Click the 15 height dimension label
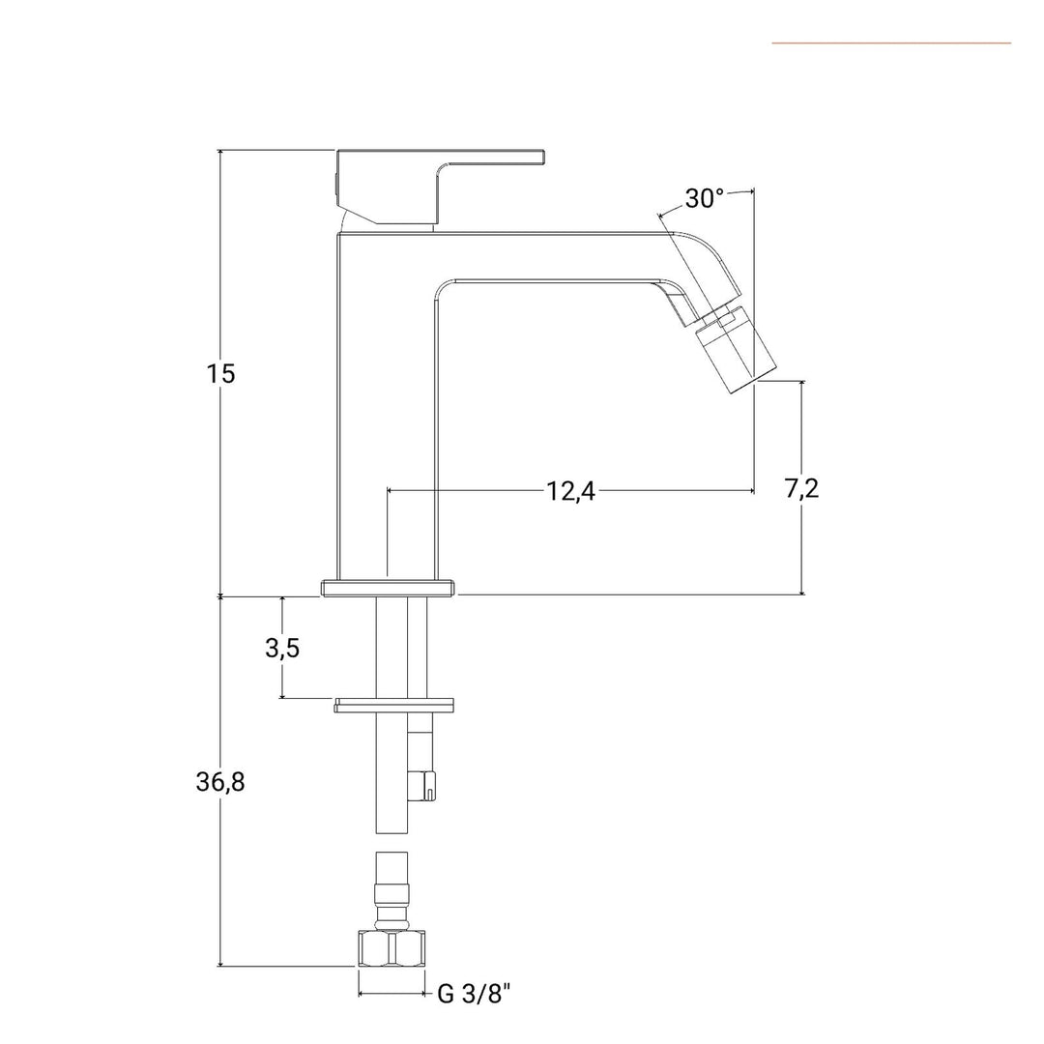click(220, 373)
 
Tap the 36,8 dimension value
click(220, 782)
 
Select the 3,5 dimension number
click(282, 647)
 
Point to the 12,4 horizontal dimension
click(570, 491)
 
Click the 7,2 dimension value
click(801, 488)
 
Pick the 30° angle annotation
click(704, 198)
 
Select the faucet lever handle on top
click(440, 187)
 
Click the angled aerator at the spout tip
click(737, 350)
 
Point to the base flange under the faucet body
click(389, 588)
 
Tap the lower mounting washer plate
click(394, 705)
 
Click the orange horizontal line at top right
click(891, 43)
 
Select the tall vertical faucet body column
click(387, 406)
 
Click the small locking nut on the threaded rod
click(422, 786)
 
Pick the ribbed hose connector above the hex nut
click(391, 891)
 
